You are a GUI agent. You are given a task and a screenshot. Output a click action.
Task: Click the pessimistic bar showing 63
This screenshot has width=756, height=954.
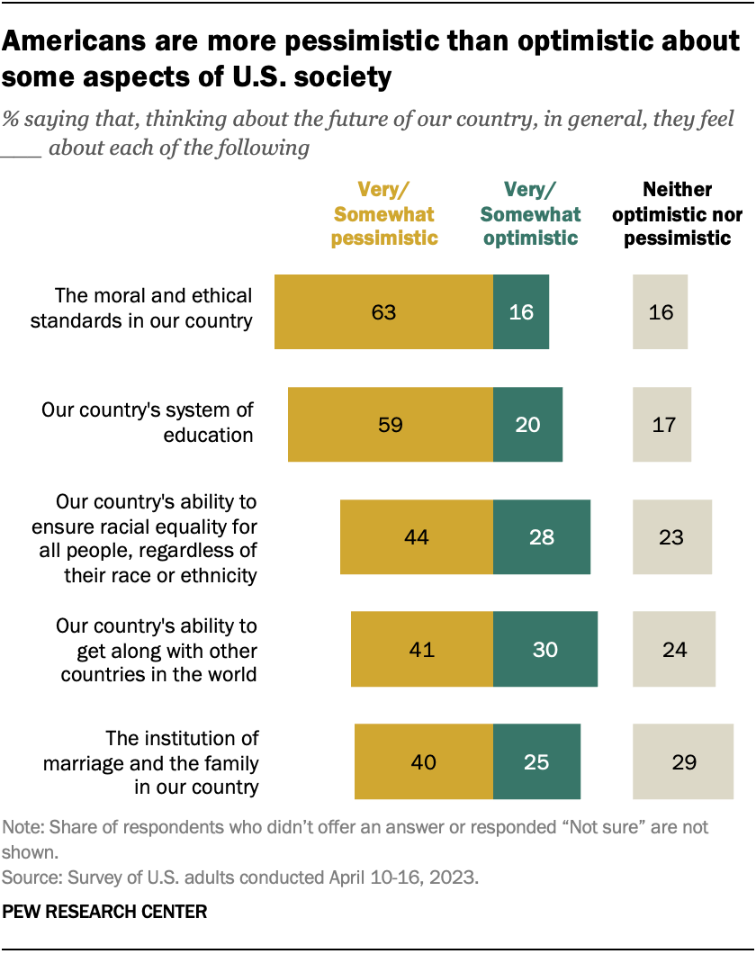[x=383, y=312]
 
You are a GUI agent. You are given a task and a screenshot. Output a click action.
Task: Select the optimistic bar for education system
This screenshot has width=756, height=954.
[x=527, y=425]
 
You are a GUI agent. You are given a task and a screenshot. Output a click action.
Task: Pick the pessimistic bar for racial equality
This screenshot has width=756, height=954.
[x=416, y=537]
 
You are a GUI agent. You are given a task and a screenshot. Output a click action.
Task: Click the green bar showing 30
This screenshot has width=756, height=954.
[x=544, y=649]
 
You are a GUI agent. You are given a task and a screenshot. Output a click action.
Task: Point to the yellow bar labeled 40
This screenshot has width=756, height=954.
[x=423, y=762]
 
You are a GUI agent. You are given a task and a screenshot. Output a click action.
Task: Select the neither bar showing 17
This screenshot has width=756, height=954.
[x=661, y=425]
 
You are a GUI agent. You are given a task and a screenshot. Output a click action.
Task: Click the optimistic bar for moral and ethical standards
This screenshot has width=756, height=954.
[x=520, y=312]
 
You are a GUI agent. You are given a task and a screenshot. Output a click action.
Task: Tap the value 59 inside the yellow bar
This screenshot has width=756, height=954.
[x=390, y=425]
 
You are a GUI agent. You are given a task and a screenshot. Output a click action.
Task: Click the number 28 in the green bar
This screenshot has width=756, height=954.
[x=542, y=537]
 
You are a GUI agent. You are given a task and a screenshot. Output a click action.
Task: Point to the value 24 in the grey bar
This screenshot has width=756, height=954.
[x=673, y=649]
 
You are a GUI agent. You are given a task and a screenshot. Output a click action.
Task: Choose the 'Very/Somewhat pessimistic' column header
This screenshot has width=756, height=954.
[x=384, y=214]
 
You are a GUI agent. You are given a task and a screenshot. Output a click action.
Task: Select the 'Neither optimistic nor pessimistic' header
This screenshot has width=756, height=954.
[x=678, y=214]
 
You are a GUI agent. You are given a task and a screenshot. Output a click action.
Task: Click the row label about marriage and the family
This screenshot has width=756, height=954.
[x=150, y=762]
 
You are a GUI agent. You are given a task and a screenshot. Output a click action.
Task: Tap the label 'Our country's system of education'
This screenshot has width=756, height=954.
[x=148, y=422]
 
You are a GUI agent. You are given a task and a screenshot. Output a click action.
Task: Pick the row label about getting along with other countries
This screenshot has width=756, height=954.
[x=157, y=650]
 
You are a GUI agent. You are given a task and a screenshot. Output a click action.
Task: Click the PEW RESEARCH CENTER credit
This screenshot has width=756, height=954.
[x=105, y=912]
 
